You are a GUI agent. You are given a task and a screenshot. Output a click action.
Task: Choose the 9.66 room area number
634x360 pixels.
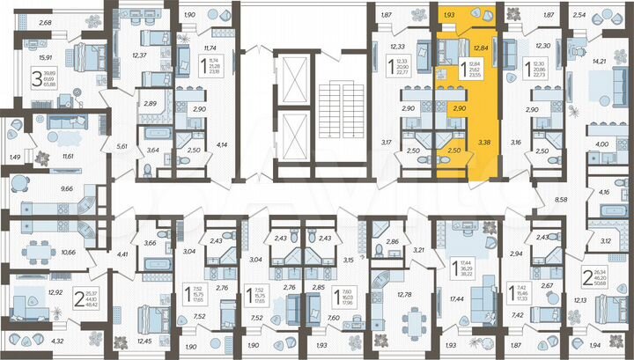[41, 189]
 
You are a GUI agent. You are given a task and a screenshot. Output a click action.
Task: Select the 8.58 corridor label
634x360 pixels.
[561, 202]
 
